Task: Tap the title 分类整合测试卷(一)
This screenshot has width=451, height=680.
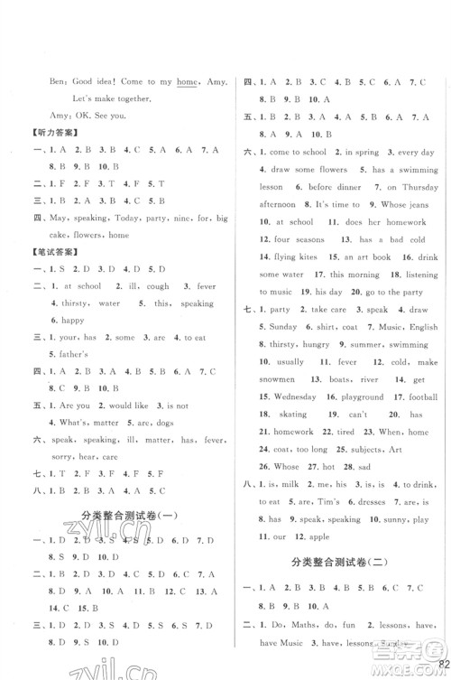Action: click(127, 516)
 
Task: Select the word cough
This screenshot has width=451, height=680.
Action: click(125, 288)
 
